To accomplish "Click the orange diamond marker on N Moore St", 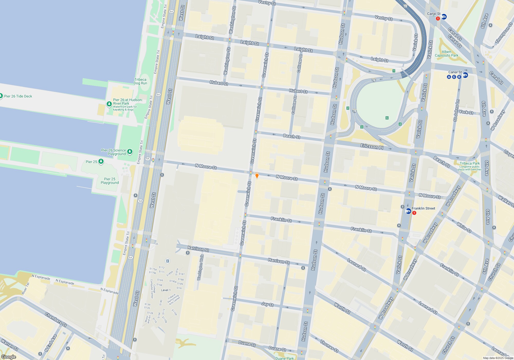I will click(257, 175).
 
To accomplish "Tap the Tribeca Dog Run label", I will click(140, 81).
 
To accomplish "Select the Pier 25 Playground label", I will click(110, 181).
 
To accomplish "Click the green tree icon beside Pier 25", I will click(101, 161).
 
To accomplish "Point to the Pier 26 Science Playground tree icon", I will click(130, 151).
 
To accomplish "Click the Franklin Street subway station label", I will click(423, 208).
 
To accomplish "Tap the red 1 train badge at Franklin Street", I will click(414, 213).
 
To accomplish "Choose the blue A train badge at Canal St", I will click(449, 77).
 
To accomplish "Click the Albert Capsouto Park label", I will click(446, 53).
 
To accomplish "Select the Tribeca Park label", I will click(470, 163).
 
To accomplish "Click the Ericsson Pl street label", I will click(372, 147).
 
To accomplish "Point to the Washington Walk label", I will click(200, 267).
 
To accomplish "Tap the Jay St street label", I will click(267, 304).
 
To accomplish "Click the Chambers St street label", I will click(56, 320).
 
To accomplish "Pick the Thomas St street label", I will click(329, 346).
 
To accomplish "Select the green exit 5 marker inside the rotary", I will click(387, 118).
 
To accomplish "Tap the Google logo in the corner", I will click(9, 357).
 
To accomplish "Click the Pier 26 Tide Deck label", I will click(18, 96).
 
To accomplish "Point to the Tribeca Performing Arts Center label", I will click(174, 299).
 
